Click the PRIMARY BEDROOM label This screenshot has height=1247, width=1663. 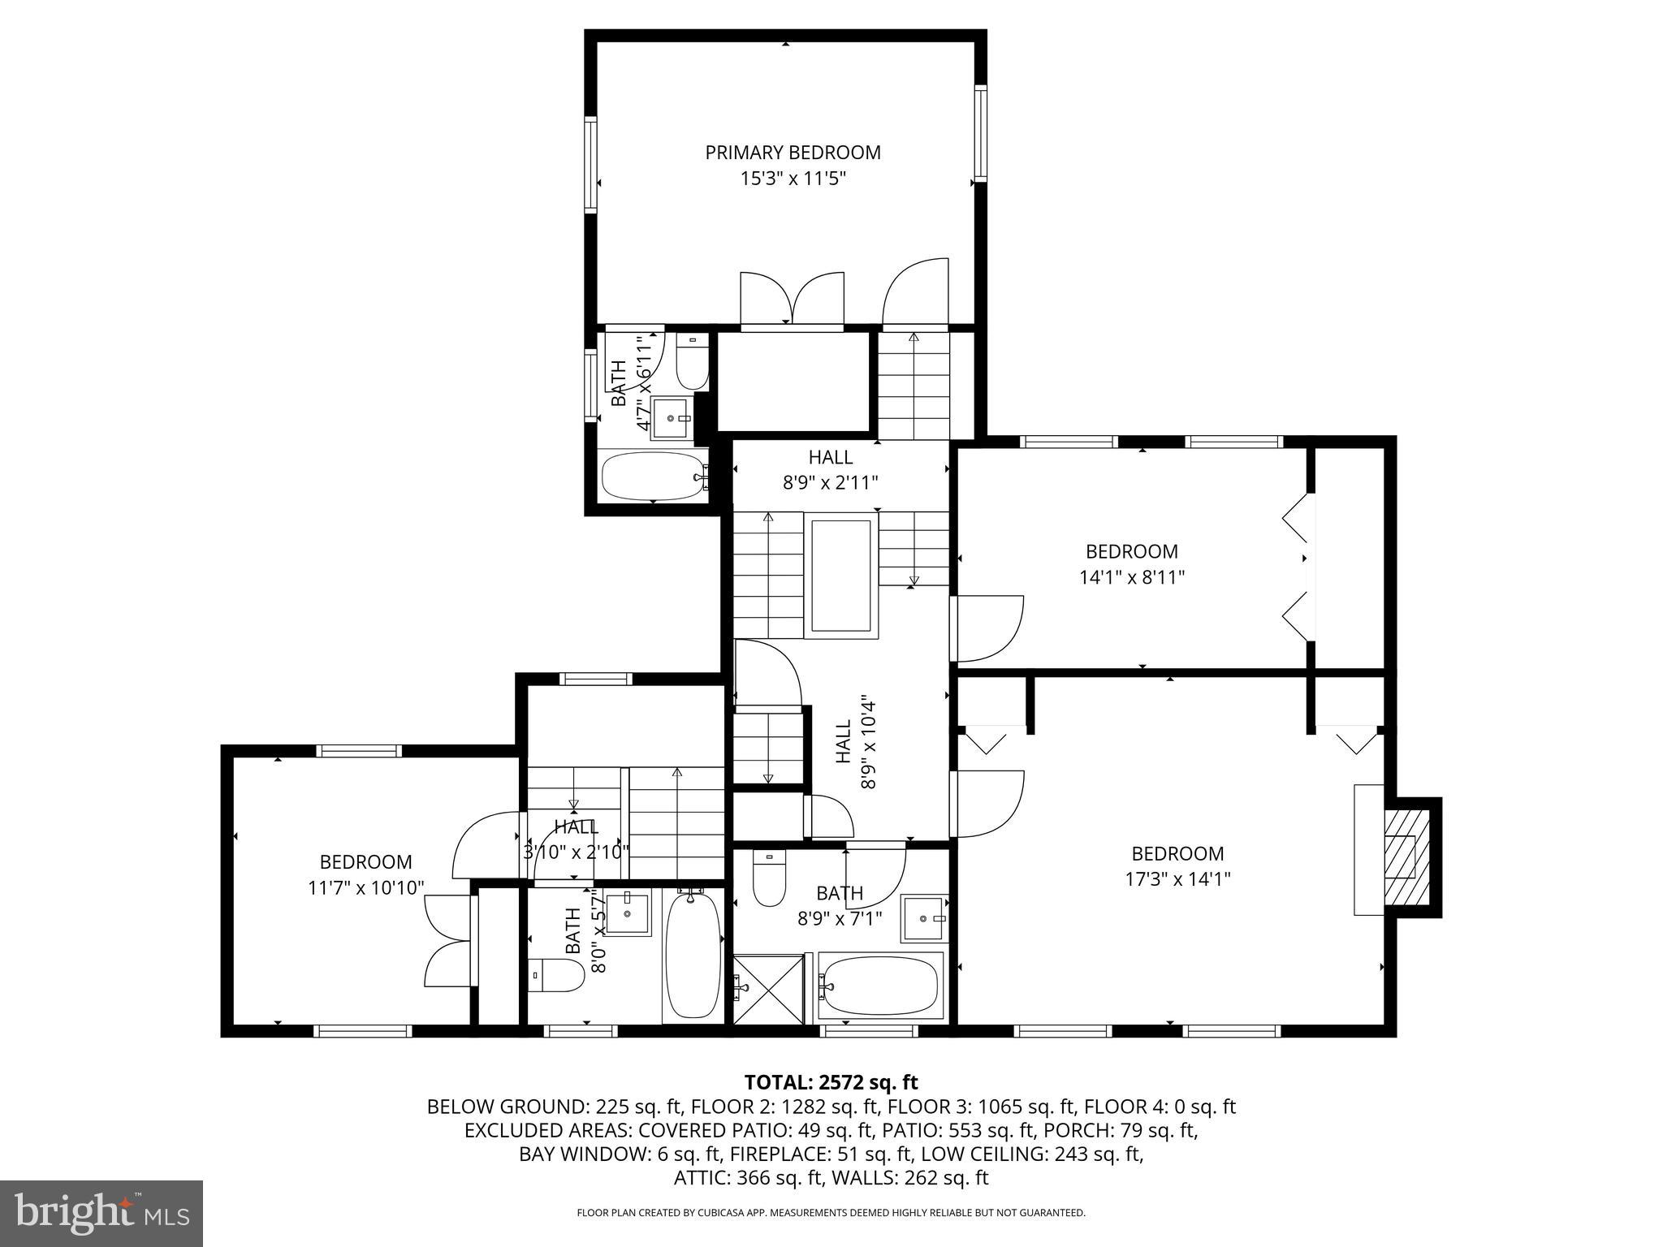[793, 153]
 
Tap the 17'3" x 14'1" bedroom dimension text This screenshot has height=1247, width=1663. [1177, 878]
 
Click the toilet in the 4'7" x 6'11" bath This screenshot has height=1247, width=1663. [692, 365]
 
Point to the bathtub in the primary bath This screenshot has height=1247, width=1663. [654, 477]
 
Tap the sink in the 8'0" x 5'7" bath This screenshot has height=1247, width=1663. [628, 913]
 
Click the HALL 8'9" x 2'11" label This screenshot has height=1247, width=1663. [830, 469]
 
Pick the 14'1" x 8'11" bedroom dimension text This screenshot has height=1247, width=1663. [1132, 577]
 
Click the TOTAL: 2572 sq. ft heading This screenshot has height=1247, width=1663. [831, 1082]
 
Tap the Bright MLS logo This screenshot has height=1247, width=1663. [101, 1214]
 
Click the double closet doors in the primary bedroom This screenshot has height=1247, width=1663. [792, 300]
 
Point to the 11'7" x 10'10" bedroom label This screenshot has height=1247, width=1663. [365, 874]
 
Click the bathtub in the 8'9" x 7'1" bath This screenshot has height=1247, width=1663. [881, 986]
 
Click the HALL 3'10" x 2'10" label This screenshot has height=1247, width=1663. [577, 839]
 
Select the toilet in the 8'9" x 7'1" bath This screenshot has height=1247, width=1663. [769, 878]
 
